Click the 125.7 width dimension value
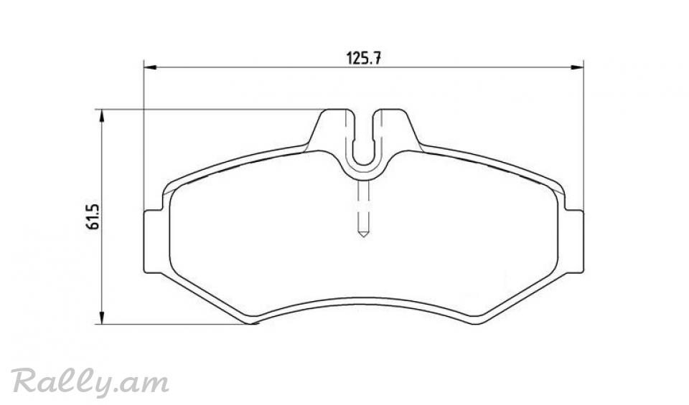point(363,58)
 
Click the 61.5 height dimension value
point(93,216)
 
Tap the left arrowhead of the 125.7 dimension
point(150,67)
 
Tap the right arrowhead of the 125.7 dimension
point(577,67)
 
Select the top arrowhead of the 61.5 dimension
point(101,116)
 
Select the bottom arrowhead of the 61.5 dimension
point(101,318)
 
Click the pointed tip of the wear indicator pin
point(363,237)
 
